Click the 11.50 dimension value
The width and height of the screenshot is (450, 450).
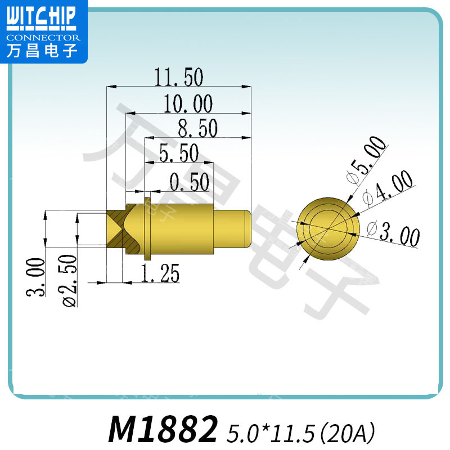pyautogui.click(x=178, y=77)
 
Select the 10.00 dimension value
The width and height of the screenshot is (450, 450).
pyautogui.click(x=188, y=104)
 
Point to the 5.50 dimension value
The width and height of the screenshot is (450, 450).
pyautogui.click(x=179, y=153)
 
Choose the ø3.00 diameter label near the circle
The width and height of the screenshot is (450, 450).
pyautogui.click(x=393, y=234)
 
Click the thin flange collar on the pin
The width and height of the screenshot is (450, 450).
pyautogui.click(x=148, y=228)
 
